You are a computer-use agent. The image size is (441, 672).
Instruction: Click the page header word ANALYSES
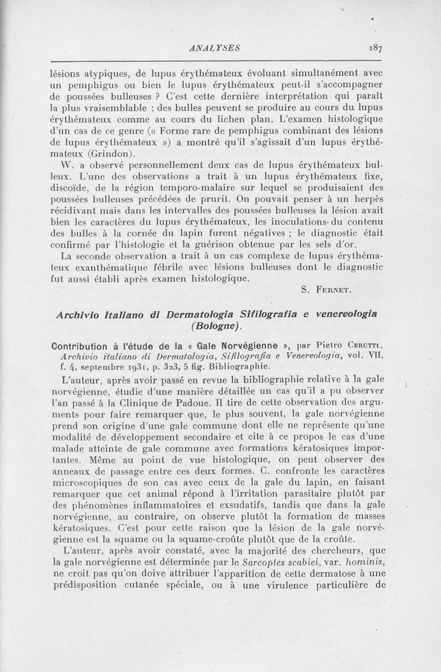click(x=214, y=48)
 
